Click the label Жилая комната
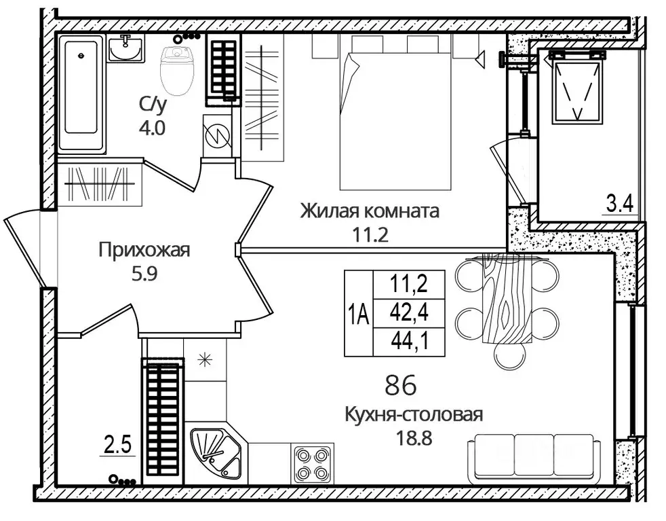coord(370,211)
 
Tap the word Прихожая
coord(144,250)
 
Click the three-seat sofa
coord(534,456)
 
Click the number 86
coord(400,386)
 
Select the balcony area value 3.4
coord(620,202)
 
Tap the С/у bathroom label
coord(153,105)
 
